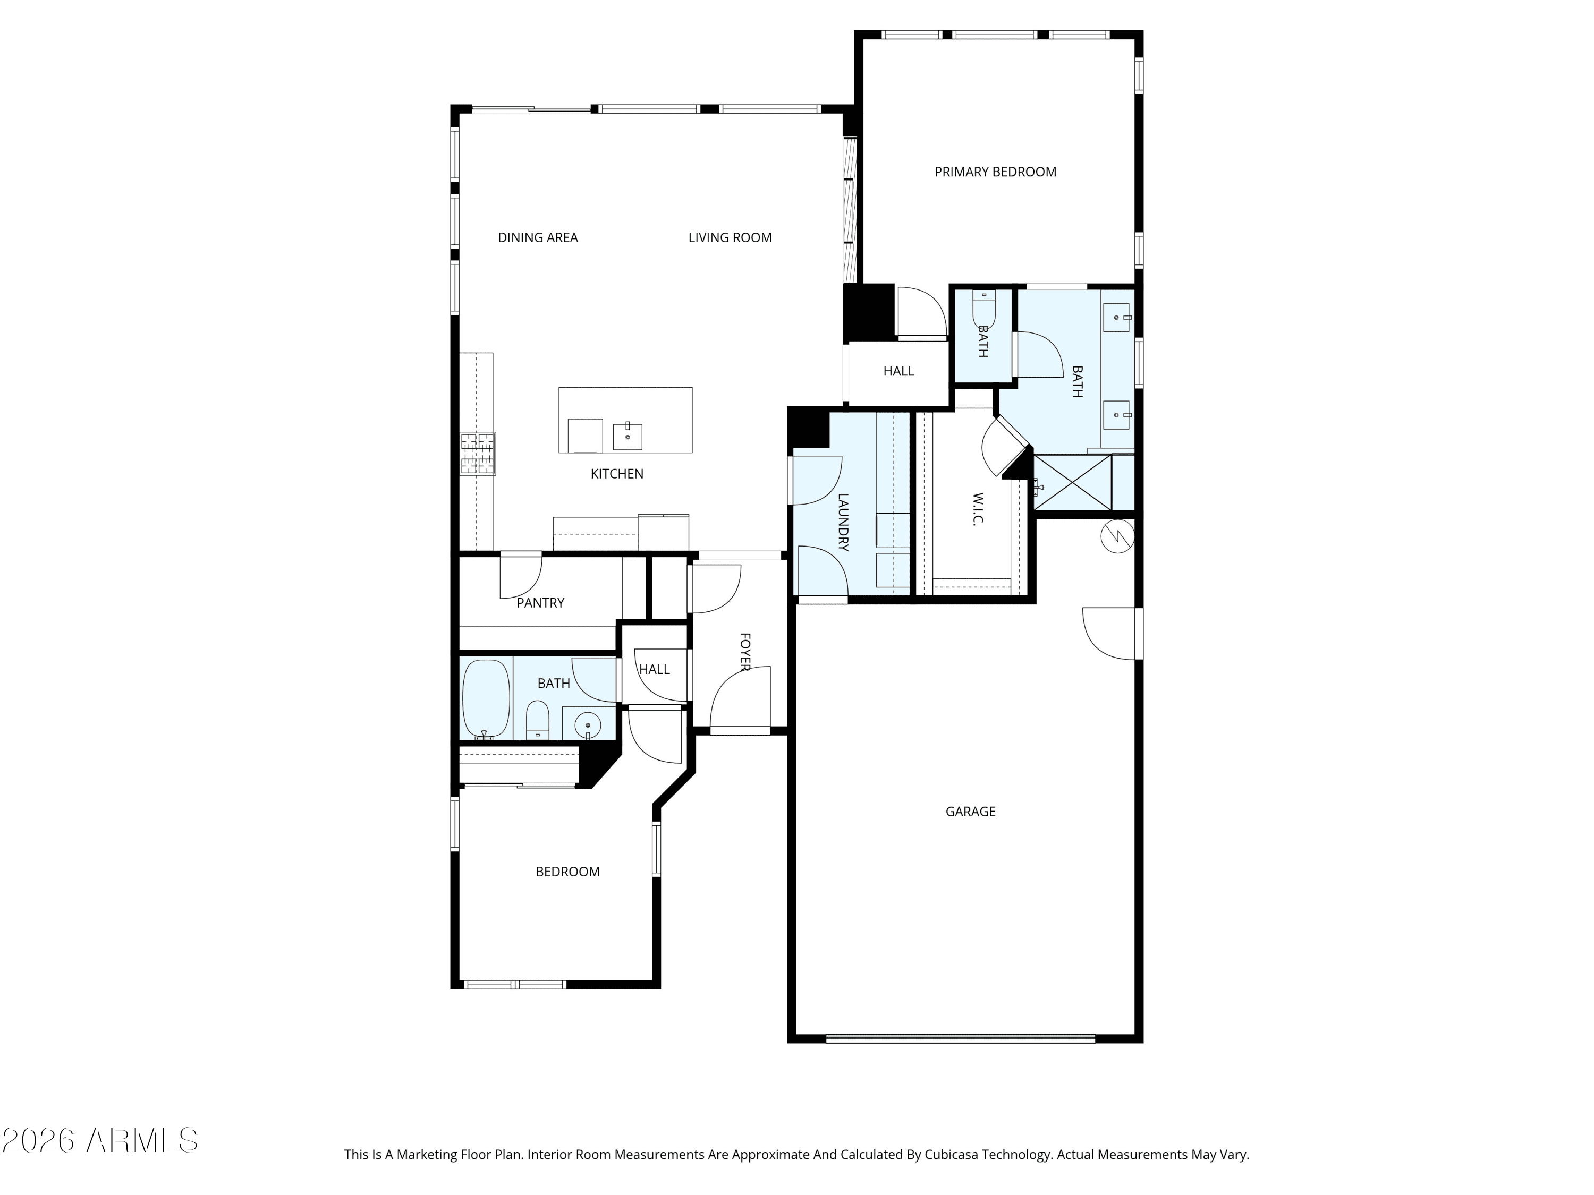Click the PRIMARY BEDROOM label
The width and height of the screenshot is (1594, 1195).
point(995,172)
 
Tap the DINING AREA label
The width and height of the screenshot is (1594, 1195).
point(538,238)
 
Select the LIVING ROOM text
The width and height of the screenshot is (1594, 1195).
point(730,238)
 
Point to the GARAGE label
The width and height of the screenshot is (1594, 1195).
point(971,812)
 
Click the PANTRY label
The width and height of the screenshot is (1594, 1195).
point(540,603)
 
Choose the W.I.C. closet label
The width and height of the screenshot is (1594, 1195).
point(978,509)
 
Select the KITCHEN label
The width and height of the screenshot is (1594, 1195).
point(617,474)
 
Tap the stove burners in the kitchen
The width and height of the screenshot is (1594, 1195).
point(478,454)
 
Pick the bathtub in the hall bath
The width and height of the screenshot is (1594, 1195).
point(486,699)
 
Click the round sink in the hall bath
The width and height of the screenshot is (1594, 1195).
point(589,724)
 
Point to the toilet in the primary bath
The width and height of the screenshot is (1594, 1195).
point(983,310)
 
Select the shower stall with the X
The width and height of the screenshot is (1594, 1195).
point(1072,483)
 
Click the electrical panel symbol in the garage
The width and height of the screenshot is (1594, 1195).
point(1117,536)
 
